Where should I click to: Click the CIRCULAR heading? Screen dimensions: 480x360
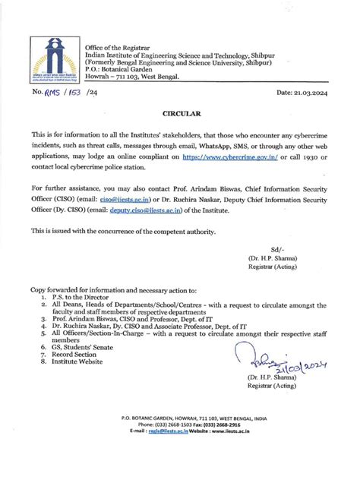click(x=180, y=112)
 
